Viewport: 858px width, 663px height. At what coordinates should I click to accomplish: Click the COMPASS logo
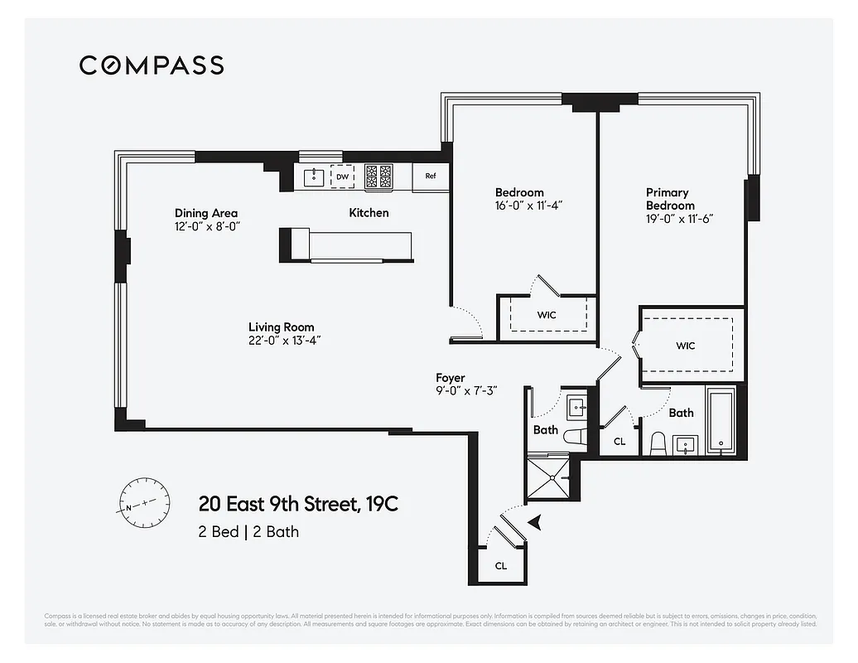point(152,65)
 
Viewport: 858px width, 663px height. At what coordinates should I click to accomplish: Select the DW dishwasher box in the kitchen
point(342,177)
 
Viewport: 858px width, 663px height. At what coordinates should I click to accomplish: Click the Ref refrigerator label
point(431,176)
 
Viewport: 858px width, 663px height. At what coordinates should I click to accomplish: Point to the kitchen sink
point(314,177)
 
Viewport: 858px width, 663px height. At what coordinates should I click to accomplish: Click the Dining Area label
point(206,213)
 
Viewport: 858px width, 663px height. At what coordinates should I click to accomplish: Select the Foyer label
point(451,378)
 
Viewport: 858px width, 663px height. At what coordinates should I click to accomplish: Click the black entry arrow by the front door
point(535,521)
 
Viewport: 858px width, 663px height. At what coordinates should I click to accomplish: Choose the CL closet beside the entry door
point(501,565)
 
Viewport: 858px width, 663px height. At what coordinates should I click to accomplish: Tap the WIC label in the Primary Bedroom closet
point(685,346)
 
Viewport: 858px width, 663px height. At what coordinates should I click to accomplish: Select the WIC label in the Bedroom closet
point(546,315)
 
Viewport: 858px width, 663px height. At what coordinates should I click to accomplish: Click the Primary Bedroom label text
point(670,199)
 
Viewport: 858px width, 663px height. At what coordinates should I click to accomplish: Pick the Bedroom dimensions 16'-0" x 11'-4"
point(529,206)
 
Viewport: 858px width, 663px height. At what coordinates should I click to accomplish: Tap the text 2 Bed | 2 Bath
point(248,531)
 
